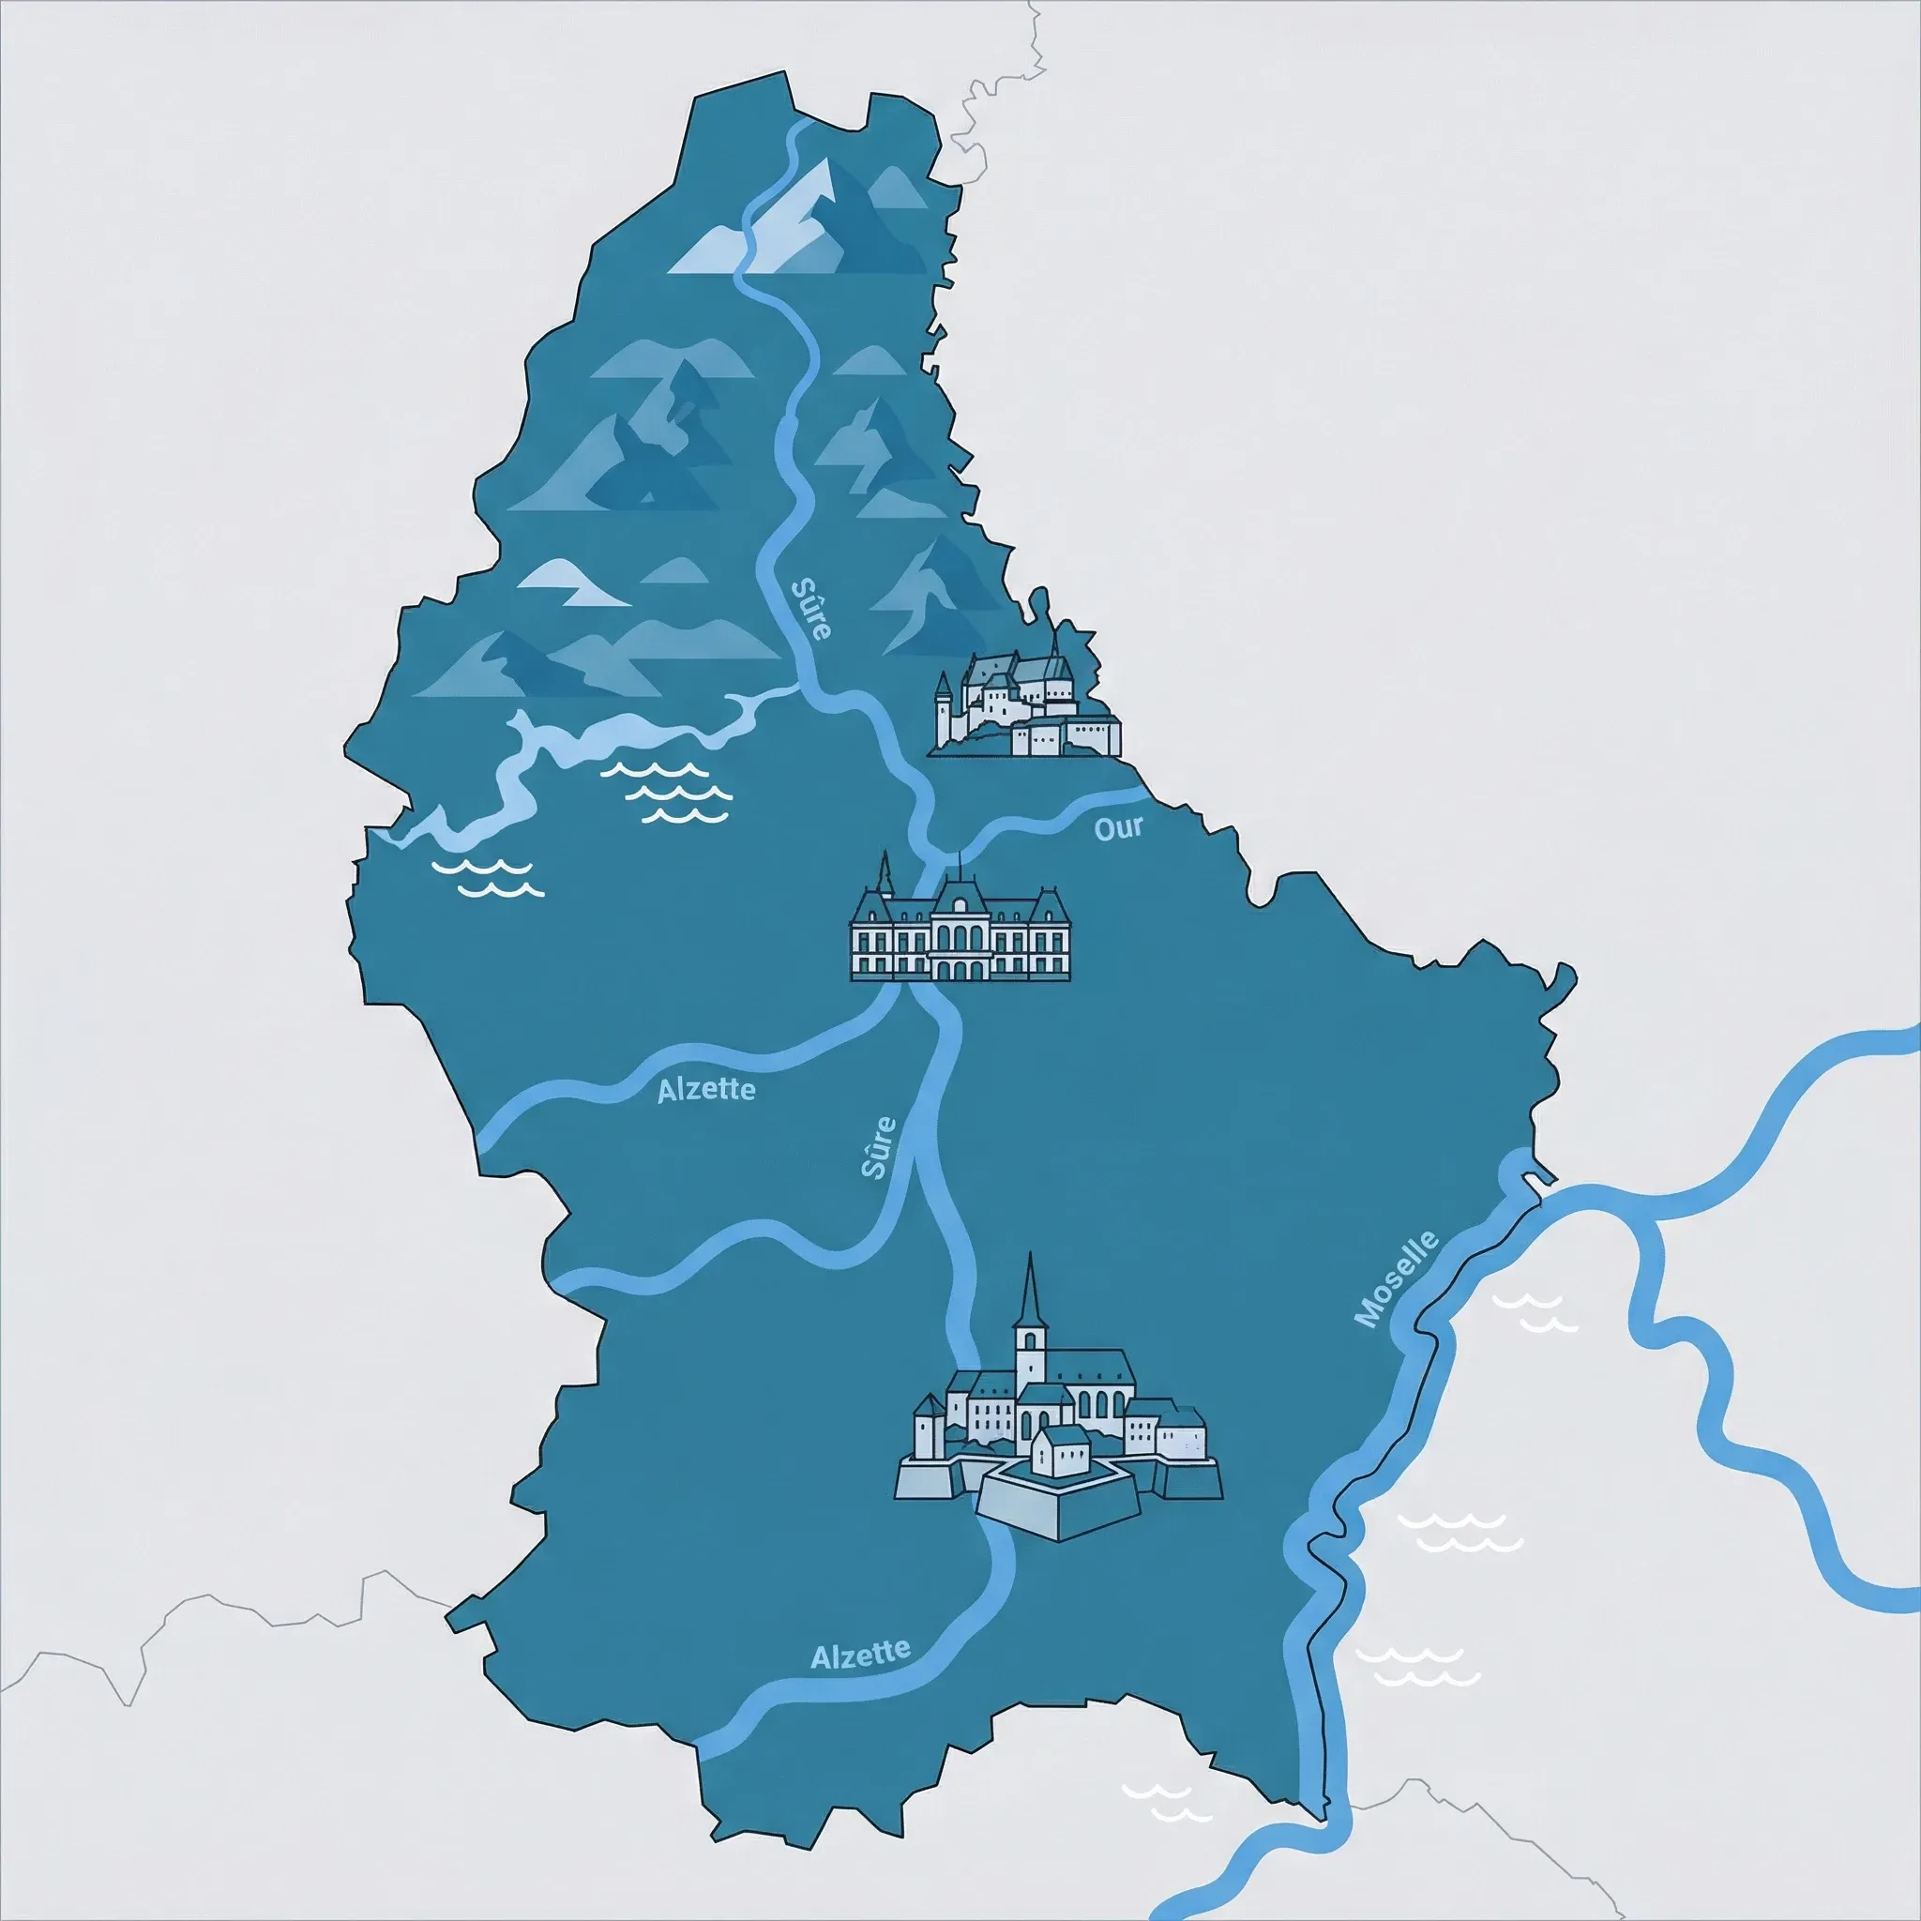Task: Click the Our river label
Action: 1119,827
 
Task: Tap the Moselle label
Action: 1397,1278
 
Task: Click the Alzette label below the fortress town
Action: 860,1654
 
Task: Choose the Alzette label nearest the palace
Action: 706,1090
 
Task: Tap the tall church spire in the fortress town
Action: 1031,1293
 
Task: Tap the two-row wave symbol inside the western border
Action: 487,878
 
